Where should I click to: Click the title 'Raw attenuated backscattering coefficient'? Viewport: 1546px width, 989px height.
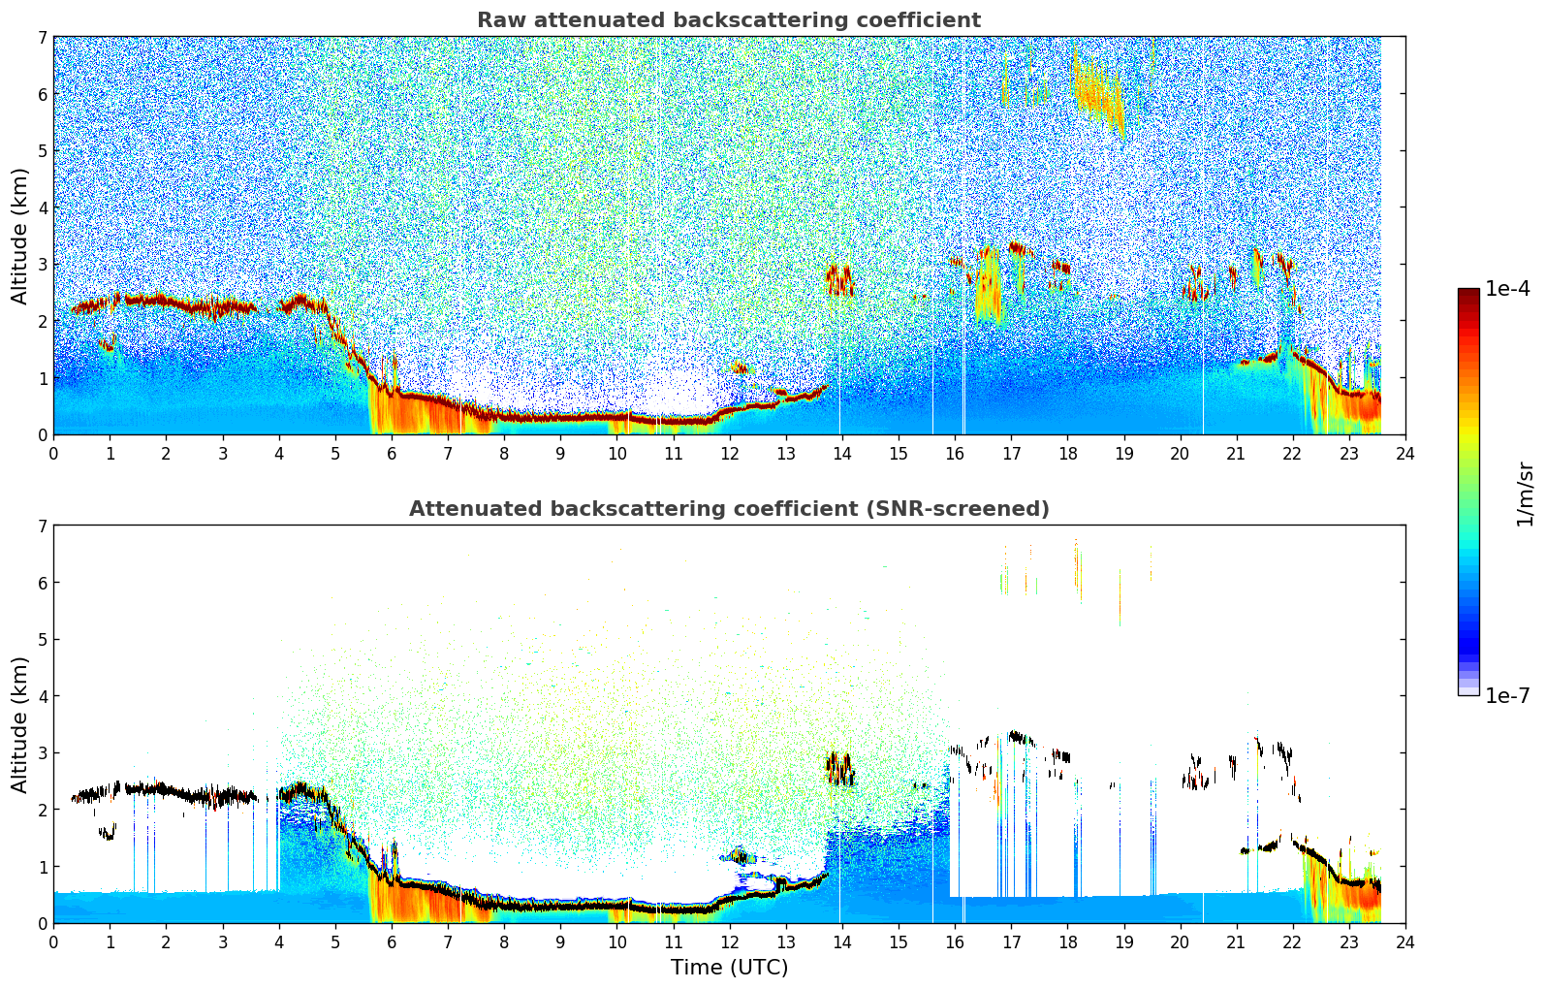pyautogui.click(x=729, y=20)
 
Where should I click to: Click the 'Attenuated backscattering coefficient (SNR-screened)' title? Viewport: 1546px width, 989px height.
pyautogui.click(x=729, y=509)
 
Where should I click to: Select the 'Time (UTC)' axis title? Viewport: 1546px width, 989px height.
pyautogui.click(x=729, y=968)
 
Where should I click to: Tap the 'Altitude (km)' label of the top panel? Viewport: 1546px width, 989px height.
pyautogui.click(x=19, y=236)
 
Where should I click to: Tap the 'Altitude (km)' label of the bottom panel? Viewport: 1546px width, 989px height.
pyautogui.click(x=19, y=724)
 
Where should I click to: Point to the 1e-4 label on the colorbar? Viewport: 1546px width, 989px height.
pyautogui.click(x=1508, y=289)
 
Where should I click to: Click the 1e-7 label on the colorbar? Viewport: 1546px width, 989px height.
pyautogui.click(x=1508, y=696)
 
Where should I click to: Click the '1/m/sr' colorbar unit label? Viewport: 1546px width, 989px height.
pyautogui.click(x=1525, y=494)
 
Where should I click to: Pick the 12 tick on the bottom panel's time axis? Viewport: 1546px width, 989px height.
pyautogui.click(x=729, y=941)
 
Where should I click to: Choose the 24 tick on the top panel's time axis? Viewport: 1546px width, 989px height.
pyautogui.click(x=1405, y=453)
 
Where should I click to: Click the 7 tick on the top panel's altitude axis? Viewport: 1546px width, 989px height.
pyautogui.click(x=42, y=38)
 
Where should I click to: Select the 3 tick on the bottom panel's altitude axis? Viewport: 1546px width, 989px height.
pyautogui.click(x=42, y=753)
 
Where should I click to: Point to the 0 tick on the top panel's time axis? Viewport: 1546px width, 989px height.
pyautogui.click(x=53, y=453)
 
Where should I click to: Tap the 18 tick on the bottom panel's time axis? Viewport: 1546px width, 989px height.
pyautogui.click(x=1067, y=941)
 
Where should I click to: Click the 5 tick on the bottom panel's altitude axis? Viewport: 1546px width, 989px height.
pyautogui.click(x=42, y=640)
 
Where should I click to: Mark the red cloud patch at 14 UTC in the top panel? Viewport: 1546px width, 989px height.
pyautogui.click(x=839, y=279)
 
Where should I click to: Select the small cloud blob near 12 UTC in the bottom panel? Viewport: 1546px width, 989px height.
pyautogui.click(x=740, y=856)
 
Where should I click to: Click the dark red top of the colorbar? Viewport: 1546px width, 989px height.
pyautogui.click(x=1468, y=293)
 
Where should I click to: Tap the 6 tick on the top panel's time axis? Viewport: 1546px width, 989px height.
pyautogui.click(x=392, y=453)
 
